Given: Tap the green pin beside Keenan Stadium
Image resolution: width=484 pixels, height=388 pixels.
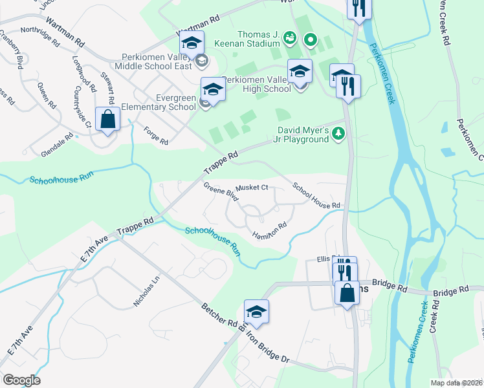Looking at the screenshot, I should tap(311, 41).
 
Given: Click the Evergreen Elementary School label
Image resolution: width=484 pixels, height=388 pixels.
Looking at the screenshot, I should tap(166, 102).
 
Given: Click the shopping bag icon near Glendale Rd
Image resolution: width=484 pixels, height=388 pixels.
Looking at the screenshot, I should tap(107, 120).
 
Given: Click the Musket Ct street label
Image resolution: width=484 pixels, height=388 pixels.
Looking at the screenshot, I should tap(252, 188).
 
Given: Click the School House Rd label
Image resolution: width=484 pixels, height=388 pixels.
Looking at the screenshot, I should tap(316, 195).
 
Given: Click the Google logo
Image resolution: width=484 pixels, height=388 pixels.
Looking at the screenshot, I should tap(21, 380).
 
